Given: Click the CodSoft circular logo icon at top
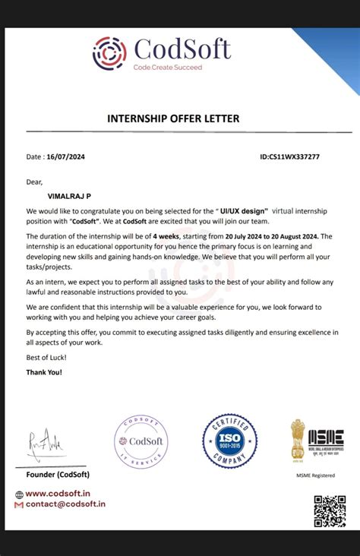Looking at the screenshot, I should (x=109, y=52).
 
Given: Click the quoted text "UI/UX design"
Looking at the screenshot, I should (x=244, y=210).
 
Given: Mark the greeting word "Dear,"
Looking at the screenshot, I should (x=35, y=182).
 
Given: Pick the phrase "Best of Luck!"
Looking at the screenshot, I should (x=46, y=357).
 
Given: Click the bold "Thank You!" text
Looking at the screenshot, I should (x=44, y=372).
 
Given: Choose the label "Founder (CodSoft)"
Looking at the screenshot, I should (x=58, y=474).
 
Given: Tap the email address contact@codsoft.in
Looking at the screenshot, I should (x=65, y=504).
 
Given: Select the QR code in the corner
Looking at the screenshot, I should (x=330, y=510).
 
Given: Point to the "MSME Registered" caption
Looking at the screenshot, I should (x=314, y=475).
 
